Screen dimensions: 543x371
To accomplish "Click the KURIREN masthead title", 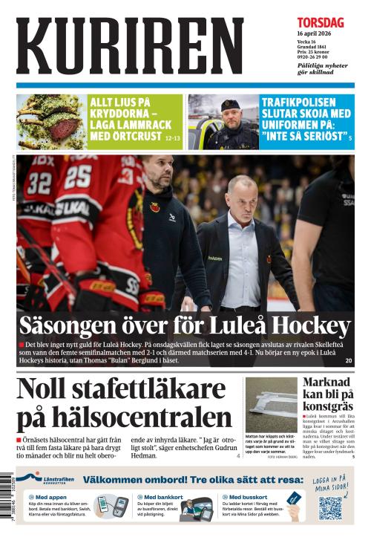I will [130, 46].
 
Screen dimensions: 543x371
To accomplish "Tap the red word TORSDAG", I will [321, 23].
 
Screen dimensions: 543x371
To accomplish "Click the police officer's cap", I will [231, 105].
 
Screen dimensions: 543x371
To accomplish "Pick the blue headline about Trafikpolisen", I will [306, 119].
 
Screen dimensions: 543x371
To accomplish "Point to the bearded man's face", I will [157, 175].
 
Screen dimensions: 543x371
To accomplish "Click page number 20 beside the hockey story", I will [349, 361].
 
